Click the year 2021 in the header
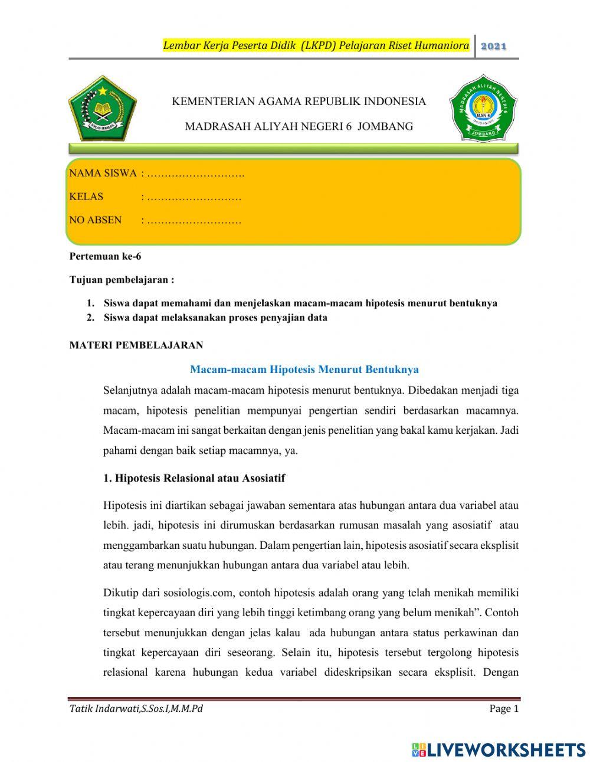click(x=494, y=46)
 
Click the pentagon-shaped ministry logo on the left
click(x=103, y=108)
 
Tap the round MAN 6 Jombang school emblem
click(x=483, y=108)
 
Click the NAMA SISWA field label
click(x=103, y=174)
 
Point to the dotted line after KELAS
click(x=194, y=197)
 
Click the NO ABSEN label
click(x=96, y=220)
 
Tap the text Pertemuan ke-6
click(x=106, y=257)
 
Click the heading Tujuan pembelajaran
click(x=122, y=280)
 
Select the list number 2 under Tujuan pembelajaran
click(x=90, y=318)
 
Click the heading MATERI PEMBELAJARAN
click(x=136, y=345)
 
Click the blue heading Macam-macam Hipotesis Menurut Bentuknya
click(x=304, y=369)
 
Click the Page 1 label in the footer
click(x=503, y=709)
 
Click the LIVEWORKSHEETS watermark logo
click(x=499, y=750)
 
